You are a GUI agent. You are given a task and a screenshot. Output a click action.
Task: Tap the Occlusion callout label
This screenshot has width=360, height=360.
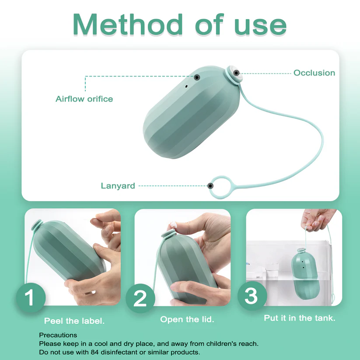point(314,73)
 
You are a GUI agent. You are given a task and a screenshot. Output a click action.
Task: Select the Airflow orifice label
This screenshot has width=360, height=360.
point(84,99)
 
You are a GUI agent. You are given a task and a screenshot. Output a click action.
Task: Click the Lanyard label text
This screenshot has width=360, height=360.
point(118,186)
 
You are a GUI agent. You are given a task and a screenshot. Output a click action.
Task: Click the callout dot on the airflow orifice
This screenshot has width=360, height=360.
point(197,77)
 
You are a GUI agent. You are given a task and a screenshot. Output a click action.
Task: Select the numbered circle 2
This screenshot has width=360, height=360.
point(140,298)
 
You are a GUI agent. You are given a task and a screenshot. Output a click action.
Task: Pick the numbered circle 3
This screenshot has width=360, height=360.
point(252,296)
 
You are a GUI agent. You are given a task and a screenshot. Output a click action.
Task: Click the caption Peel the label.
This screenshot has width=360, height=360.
point(74,321)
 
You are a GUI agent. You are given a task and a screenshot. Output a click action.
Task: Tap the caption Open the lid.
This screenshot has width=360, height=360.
point(187,319)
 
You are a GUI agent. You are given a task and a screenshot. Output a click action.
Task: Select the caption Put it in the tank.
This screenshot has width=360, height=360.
point(300,318)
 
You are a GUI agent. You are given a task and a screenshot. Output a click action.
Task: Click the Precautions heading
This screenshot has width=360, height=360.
point(58,335)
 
